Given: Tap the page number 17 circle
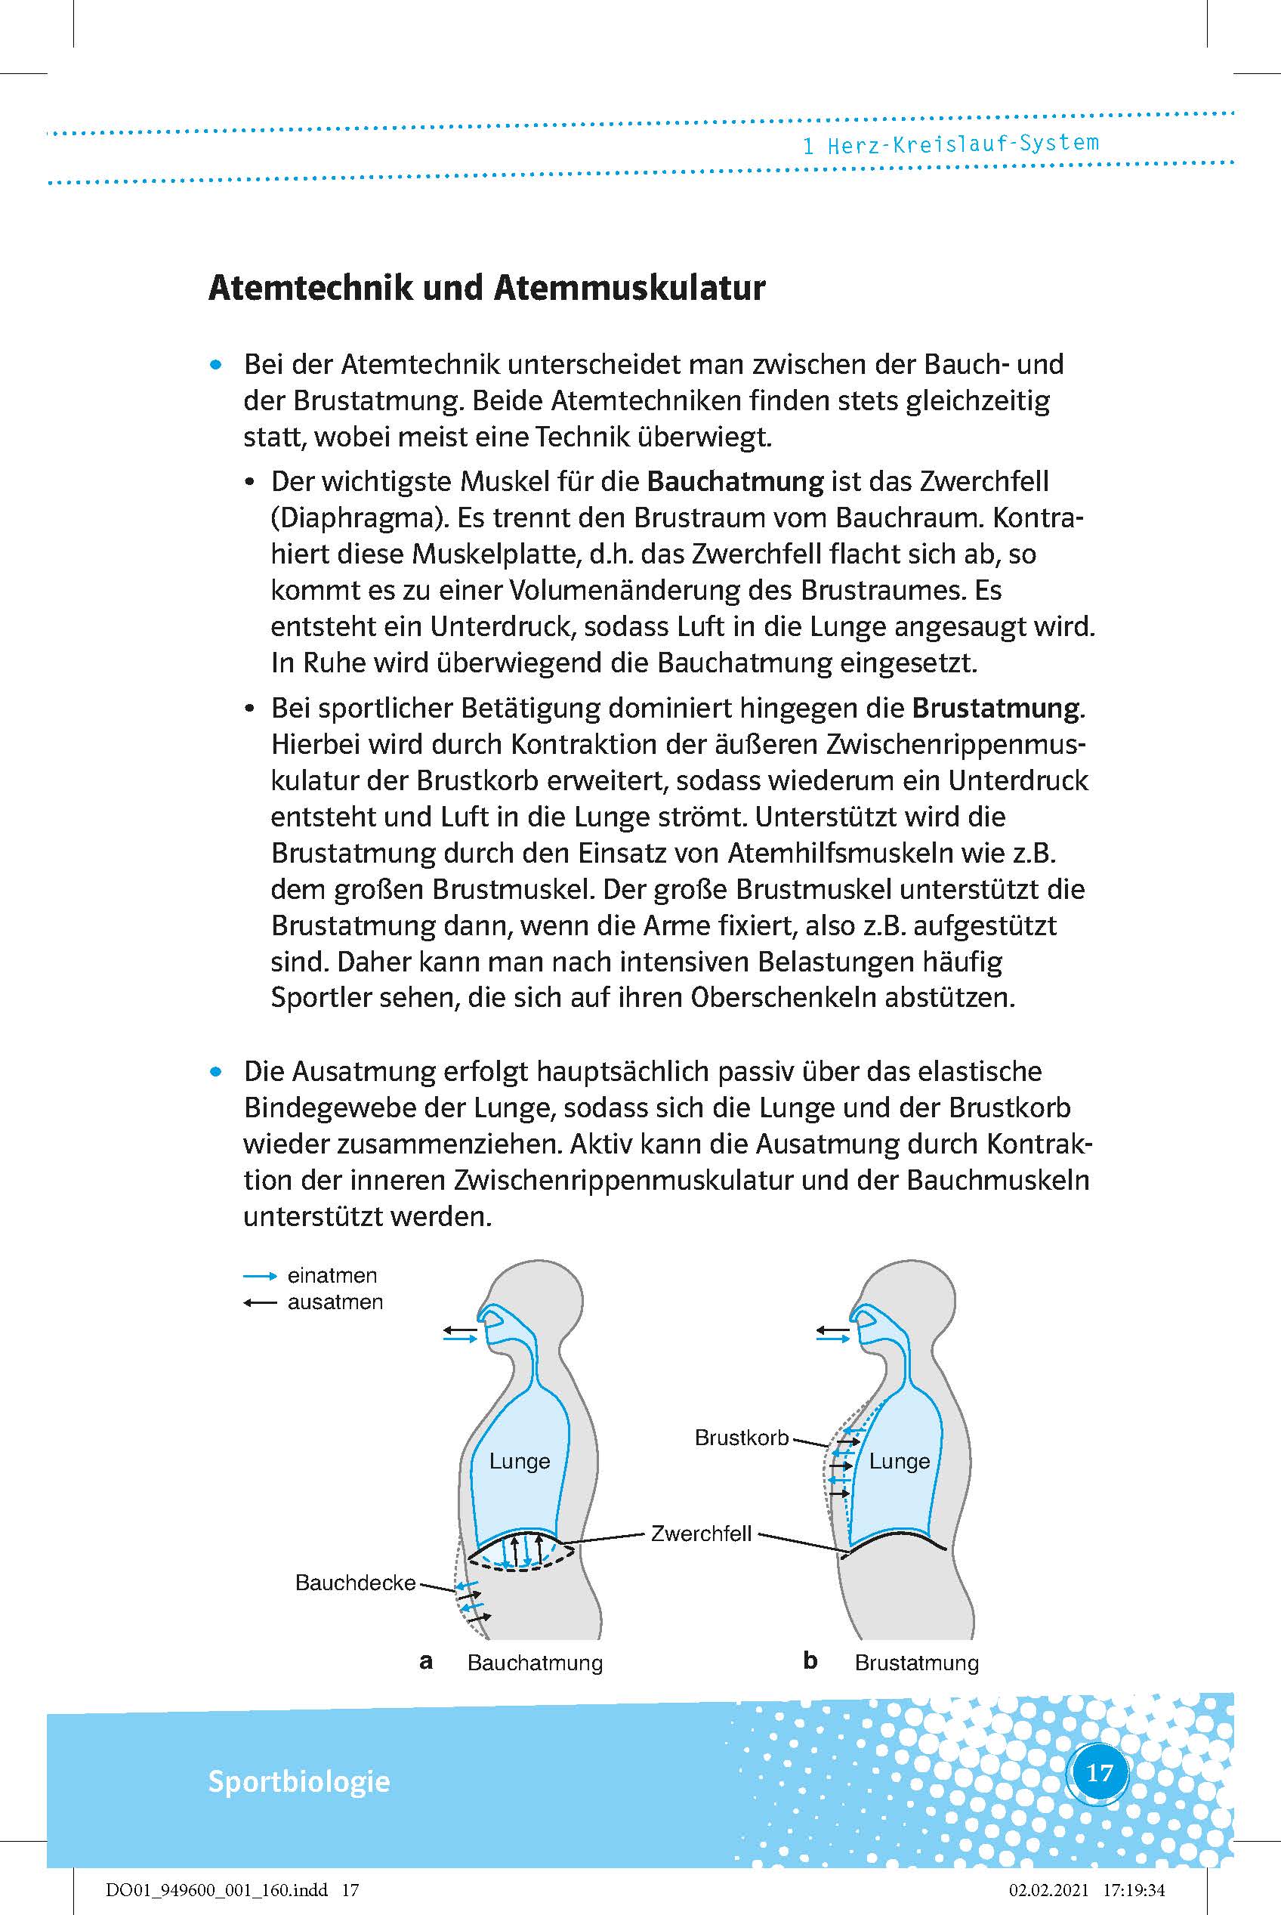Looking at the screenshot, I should pos(1100,1772).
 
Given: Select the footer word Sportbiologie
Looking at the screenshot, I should pos(299,1781).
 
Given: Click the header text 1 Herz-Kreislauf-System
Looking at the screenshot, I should pos(950,144).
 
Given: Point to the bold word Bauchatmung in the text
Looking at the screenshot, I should pos(734,481).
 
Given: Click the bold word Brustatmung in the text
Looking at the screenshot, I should pos(995,708).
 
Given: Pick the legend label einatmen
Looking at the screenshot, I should pos(332,1275).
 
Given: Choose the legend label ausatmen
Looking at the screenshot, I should pos(335,1302).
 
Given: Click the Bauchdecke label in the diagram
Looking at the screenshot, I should pos(356,1583).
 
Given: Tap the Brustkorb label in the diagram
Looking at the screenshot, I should pos(741,1437).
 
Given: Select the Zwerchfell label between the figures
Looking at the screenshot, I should pos(701,1534).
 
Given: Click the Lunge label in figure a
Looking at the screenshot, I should pos(520,1461).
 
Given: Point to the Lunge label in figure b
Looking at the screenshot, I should pos(900,1461).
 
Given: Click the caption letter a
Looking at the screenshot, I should pos(426,1661).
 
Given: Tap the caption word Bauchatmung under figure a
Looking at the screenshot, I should pos(535,1663).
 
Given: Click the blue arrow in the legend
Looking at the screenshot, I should pos(261,1276).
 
